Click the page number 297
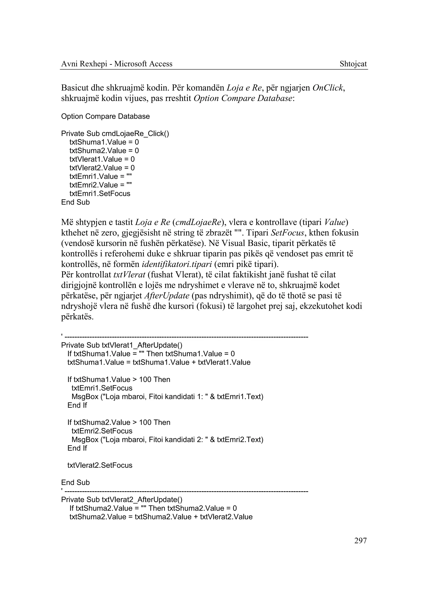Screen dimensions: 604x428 360,541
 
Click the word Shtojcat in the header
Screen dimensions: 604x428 353,64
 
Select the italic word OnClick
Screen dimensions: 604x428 328,88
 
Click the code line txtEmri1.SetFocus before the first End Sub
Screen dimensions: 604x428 100,194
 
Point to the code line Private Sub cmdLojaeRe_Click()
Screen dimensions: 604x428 115,133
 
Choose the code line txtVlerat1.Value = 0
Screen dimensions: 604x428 102,159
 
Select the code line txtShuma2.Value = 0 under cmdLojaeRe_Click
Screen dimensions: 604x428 104,151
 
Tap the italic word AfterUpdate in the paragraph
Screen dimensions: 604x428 167,296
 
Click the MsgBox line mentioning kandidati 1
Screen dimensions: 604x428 167,396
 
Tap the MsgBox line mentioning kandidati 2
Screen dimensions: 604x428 167,439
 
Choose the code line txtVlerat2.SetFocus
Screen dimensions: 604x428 100,465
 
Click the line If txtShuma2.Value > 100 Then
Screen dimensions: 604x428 118,422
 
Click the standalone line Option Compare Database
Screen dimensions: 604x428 105,116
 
